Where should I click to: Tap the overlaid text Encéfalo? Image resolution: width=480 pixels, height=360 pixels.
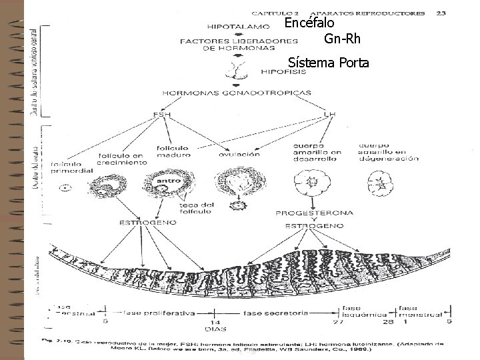pos(309,23)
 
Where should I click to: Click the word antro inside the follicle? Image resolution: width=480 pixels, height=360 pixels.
pos(166,181)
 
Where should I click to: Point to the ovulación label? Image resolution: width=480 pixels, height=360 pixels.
pos(239,154)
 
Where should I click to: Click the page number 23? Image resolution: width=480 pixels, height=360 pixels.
pos(441,12)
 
